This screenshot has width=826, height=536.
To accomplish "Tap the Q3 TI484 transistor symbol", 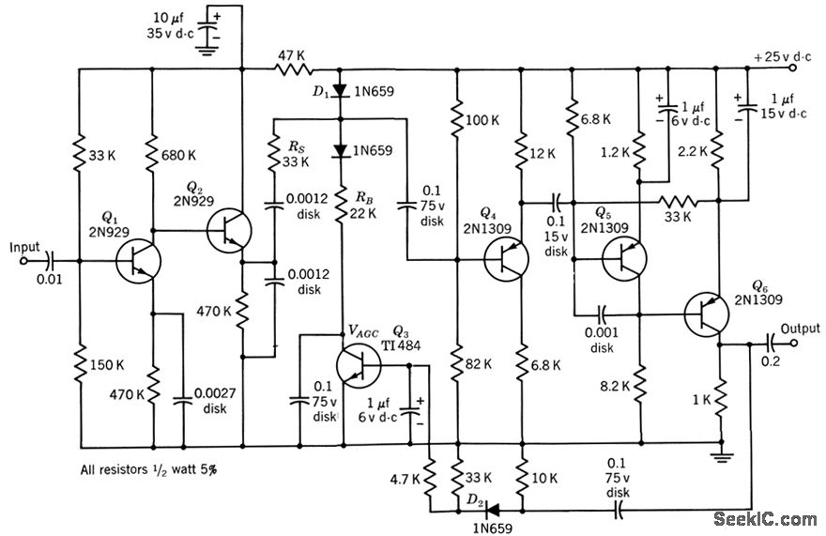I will (x=360, y=365).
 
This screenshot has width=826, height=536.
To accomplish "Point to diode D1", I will (x=340, y=91).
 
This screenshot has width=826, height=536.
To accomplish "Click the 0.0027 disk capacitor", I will (x=183, y=404).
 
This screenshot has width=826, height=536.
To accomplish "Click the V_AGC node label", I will (x=367, y=331).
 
